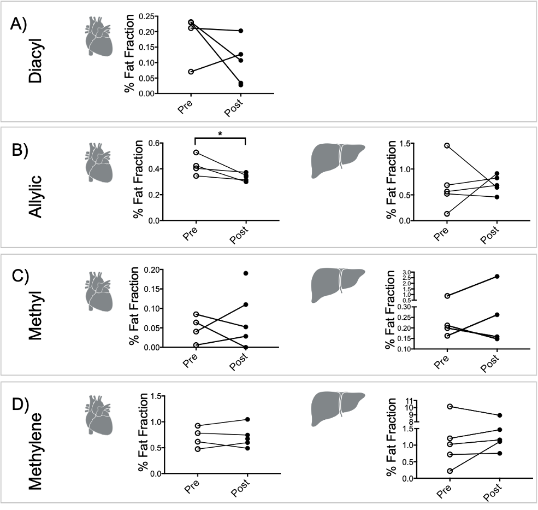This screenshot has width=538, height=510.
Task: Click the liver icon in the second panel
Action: point(338,160)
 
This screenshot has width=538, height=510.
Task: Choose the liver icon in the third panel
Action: point(338,285)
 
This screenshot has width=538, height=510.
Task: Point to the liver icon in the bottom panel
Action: point(338,408)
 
